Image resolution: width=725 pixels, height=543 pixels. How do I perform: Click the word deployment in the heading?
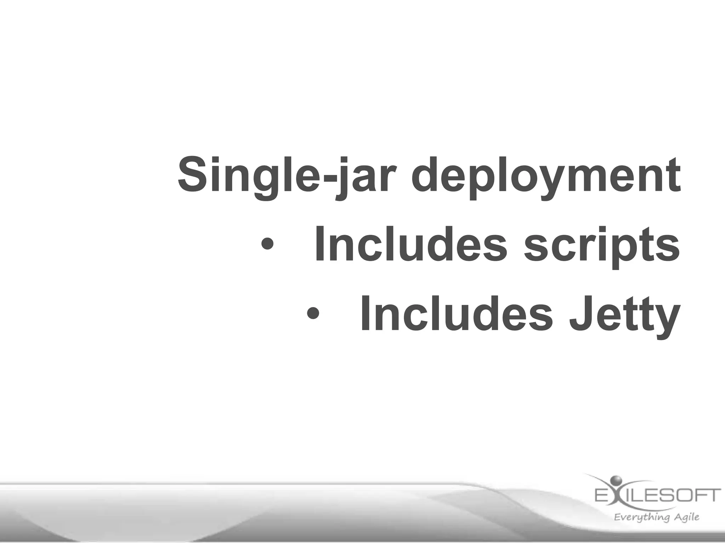(x=545, y=177)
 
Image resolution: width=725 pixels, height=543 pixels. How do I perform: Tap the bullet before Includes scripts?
(x=267, y=244)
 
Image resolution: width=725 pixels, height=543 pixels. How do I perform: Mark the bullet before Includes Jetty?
(x=313, y=313)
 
